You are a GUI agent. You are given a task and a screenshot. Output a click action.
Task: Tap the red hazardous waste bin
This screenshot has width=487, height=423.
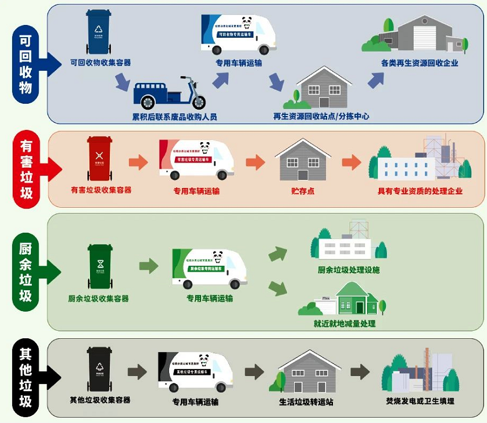99,158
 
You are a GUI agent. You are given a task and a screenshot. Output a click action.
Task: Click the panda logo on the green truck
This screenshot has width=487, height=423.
218,257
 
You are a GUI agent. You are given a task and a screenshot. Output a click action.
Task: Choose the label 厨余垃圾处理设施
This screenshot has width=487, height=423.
349,270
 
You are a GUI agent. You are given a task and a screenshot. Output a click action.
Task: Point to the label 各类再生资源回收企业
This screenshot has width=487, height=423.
420,63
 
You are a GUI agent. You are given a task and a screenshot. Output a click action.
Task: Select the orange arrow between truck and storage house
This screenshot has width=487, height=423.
255,162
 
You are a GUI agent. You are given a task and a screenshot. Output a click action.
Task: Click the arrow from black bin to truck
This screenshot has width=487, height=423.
138,372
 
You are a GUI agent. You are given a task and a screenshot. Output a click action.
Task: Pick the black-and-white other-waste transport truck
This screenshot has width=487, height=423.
195,372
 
